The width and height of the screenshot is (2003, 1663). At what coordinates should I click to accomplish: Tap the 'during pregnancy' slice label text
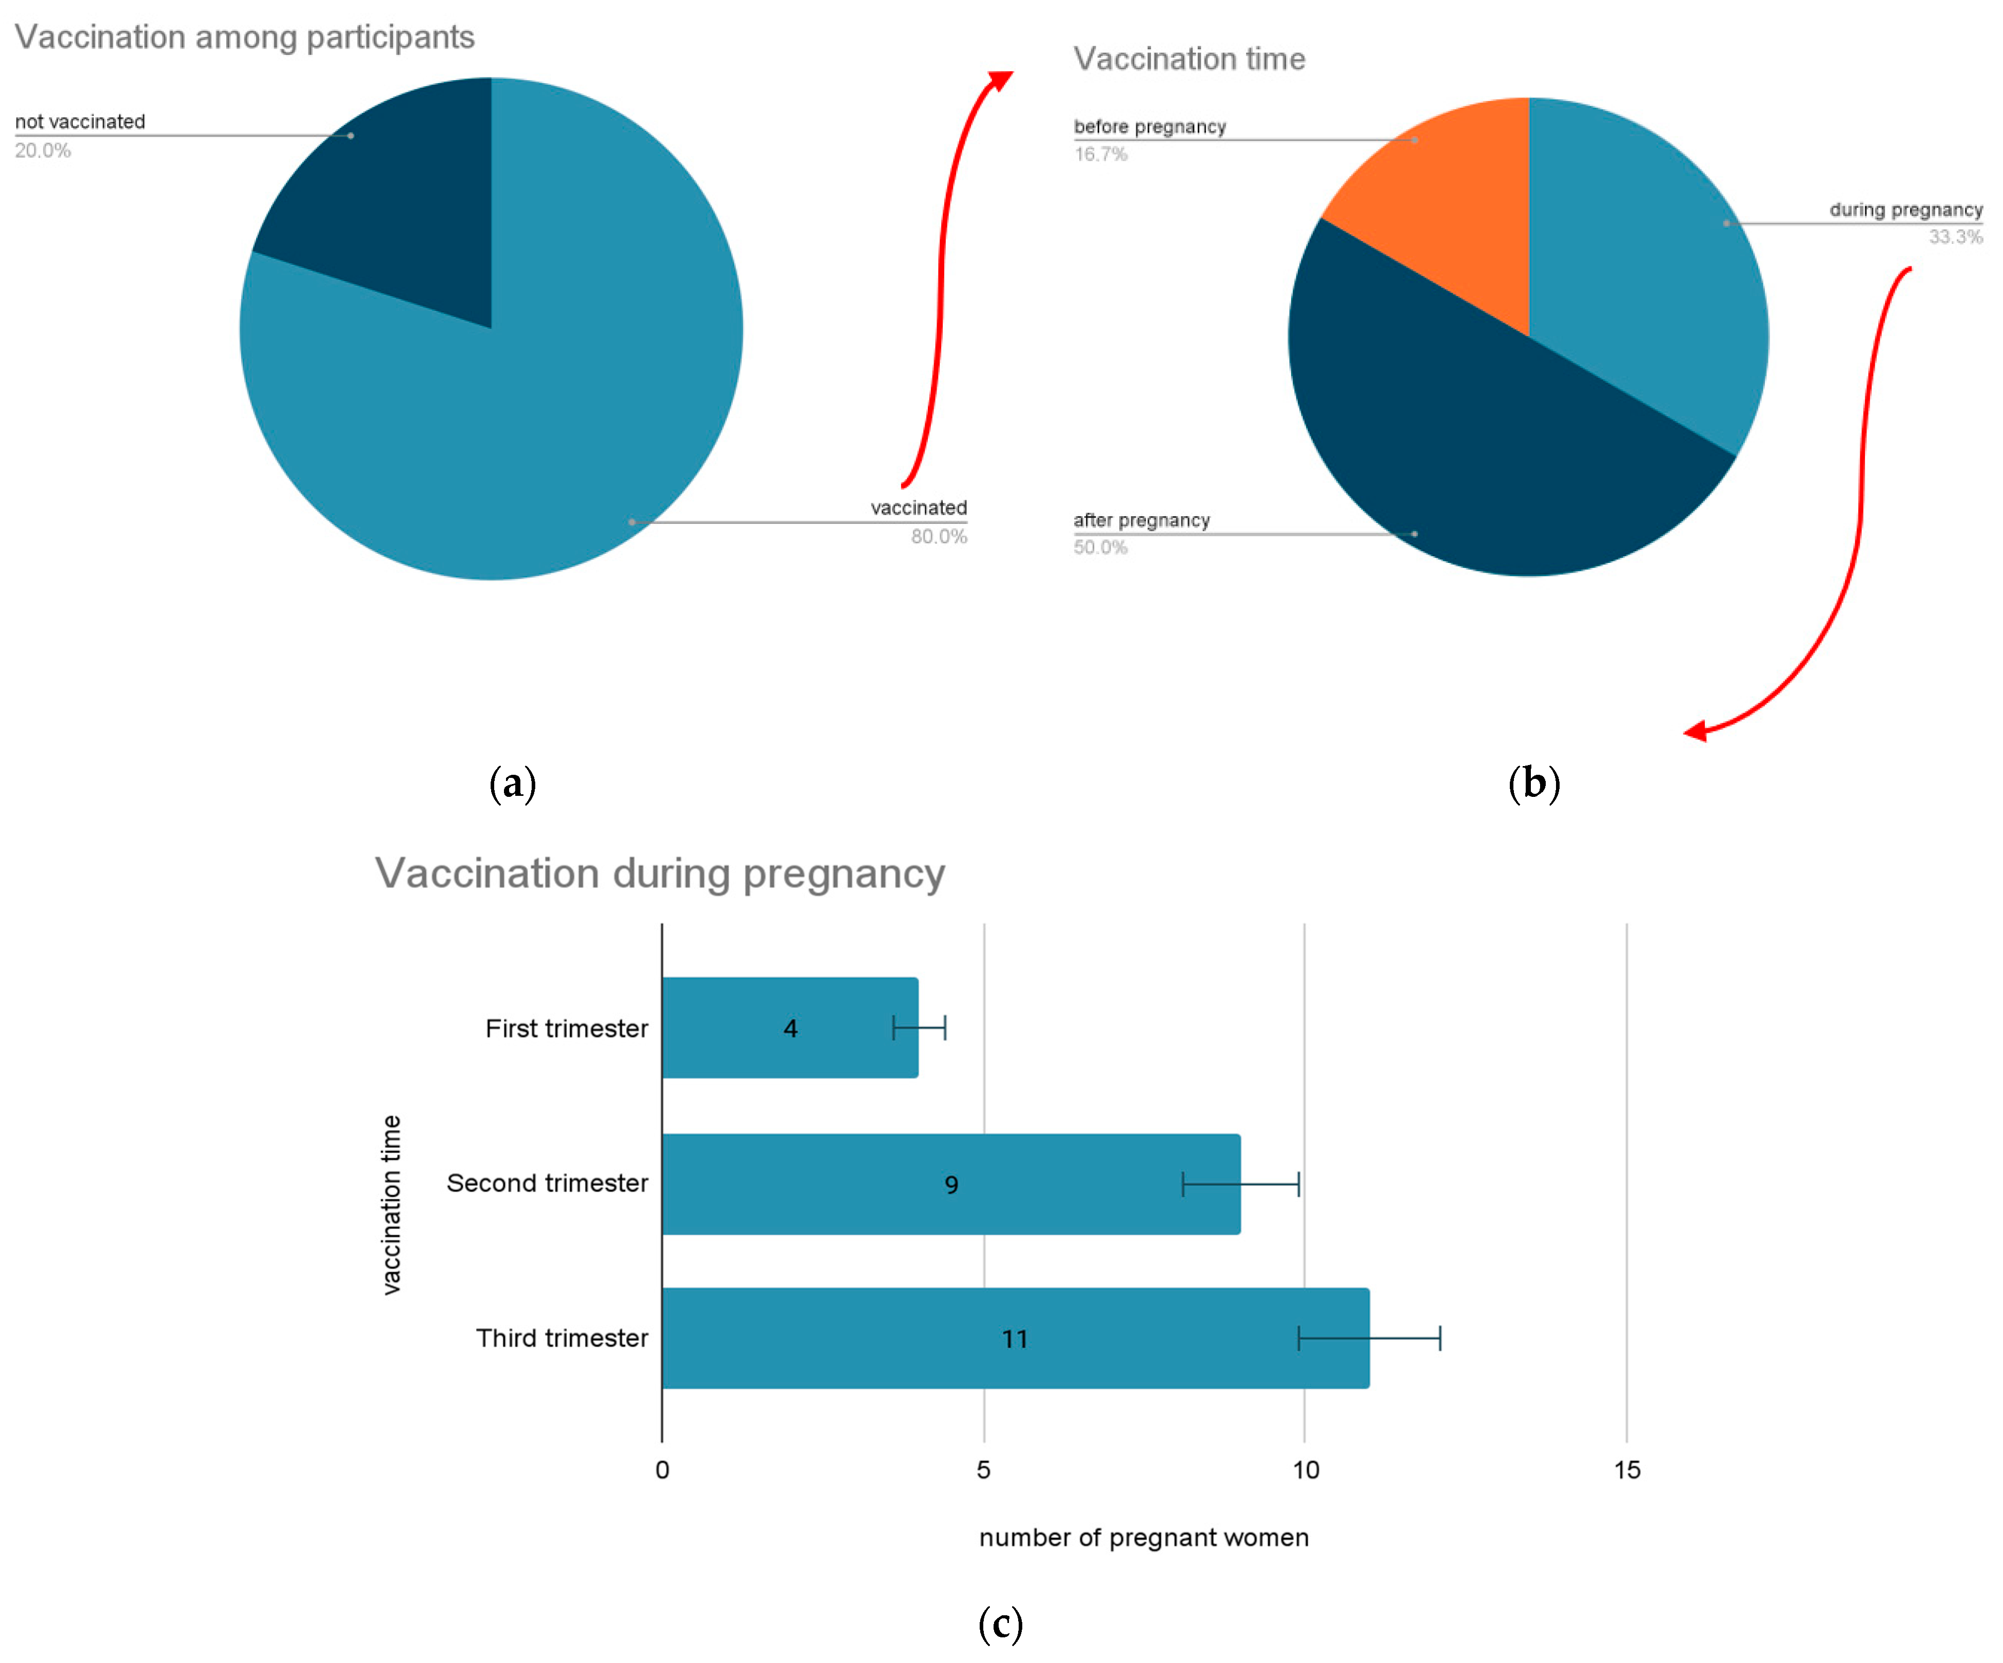(x=1905, y=210)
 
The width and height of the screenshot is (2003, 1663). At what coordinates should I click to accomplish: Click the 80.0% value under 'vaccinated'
(x=939, y=537)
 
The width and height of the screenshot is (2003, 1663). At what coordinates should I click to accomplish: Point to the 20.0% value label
(x=43, y=151)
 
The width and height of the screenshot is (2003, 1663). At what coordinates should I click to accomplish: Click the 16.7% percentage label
(x=1101, y=154)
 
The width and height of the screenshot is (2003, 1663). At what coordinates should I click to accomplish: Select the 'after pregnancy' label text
(x=1142, y=521)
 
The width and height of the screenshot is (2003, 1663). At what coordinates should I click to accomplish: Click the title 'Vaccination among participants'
(x=244, y=37)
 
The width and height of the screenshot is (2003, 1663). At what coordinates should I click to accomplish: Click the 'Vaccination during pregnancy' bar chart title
(x=659, y=873)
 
